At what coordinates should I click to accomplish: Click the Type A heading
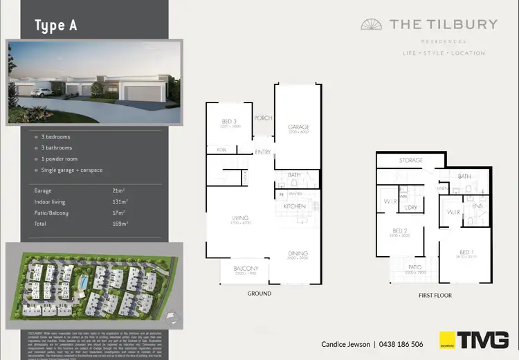tap(56, 26)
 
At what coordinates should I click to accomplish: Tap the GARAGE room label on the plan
tap(298, 127)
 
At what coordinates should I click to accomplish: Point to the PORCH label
tap(263, 117)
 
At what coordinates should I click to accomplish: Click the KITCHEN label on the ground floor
tap(295, 207)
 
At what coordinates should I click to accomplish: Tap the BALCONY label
tap(246, 268)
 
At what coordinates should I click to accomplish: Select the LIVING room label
tap(240, 219)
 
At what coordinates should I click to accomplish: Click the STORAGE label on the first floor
tap(410, 161)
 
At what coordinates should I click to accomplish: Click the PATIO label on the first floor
tap(415, 267)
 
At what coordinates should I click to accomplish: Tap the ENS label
tap(477, 206)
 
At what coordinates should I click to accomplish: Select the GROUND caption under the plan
tap(259, 294)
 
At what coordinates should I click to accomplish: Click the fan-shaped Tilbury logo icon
tap(372, 25)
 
